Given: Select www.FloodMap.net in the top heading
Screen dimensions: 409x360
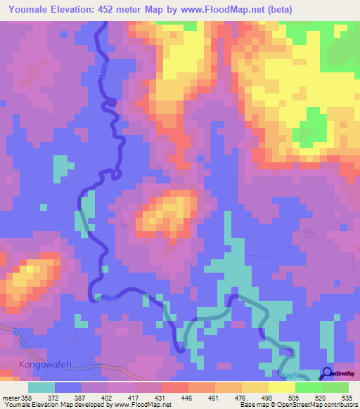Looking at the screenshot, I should click(219, 10).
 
